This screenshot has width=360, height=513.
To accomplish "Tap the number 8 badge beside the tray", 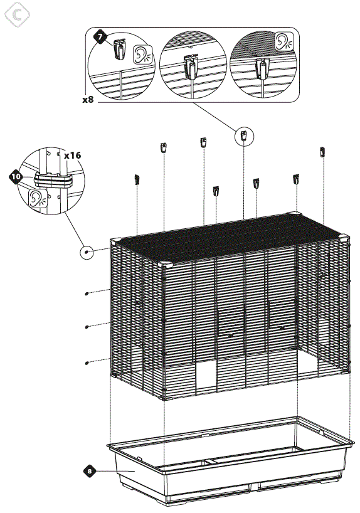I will [x=90, y=470].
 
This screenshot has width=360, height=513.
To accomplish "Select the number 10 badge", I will [x=16, y=177].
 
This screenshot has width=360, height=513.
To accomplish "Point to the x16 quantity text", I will [x=72, y=154].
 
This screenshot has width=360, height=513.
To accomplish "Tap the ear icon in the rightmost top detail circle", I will [x=283, y=41].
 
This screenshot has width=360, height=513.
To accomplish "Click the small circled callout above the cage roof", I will [x=244, y=135].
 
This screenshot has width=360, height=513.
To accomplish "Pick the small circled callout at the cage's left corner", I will [x=87, y=253].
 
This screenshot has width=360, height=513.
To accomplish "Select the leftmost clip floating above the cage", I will [x=137, y=179].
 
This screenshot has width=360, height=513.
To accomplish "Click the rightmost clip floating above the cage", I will [x=323, y=152].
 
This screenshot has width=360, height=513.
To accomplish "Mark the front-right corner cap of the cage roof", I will [x=344, y=238].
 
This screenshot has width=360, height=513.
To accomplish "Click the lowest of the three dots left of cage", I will [x=86, y=362].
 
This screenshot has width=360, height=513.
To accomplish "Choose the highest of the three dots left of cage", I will [x=86, y=293].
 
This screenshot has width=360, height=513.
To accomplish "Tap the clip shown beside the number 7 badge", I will [x=120, y=49].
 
